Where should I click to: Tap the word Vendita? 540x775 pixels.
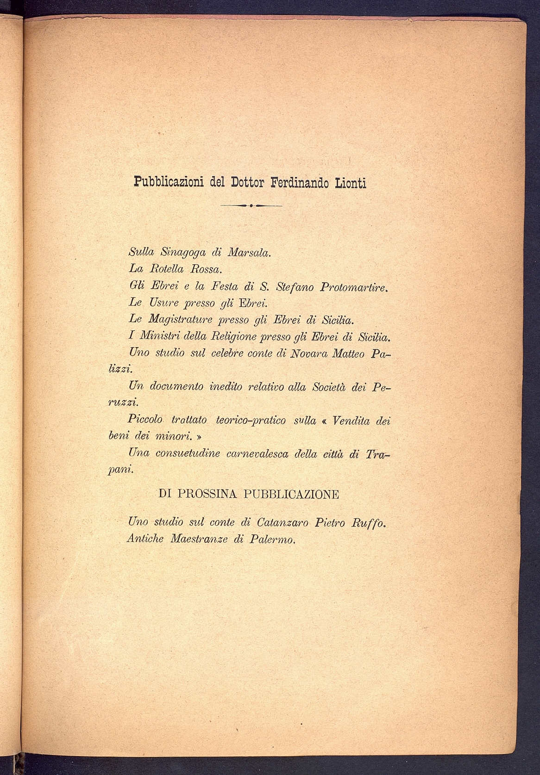click(x=352, y=421)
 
